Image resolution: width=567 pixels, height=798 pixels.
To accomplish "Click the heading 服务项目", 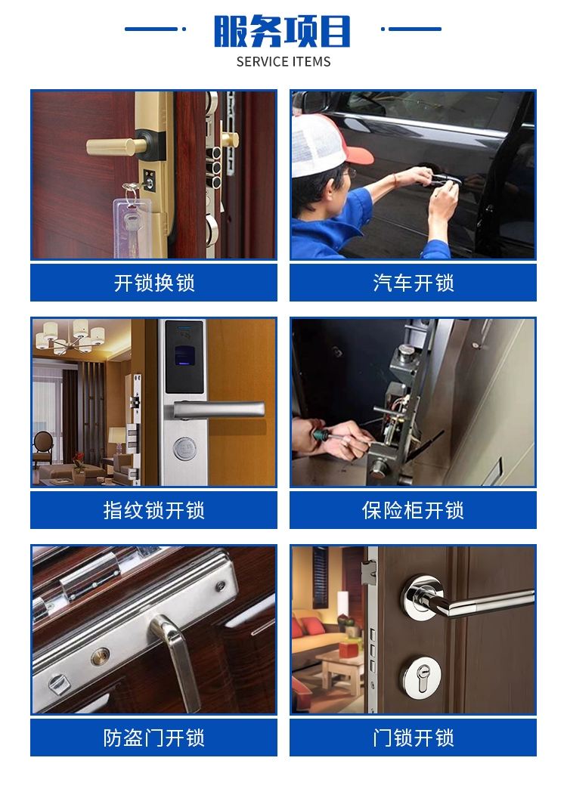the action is coord(283,31).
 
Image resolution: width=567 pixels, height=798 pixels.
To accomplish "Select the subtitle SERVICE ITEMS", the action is coord(283,62).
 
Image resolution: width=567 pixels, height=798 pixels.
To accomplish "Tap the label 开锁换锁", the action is coord(154,283).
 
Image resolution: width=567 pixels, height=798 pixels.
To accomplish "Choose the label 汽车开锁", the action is coord(414,283).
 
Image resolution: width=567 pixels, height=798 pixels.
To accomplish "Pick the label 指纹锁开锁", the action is coord(154,510).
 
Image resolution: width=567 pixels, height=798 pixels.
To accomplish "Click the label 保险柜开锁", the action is coord(414,510).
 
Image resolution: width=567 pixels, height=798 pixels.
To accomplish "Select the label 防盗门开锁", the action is coord(154,738).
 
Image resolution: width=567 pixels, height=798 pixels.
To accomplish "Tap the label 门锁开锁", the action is coord(414,738).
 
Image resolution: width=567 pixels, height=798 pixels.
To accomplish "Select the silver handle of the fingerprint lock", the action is coord(218,410).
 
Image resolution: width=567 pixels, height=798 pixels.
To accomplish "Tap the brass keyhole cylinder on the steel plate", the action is coord(101,657).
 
